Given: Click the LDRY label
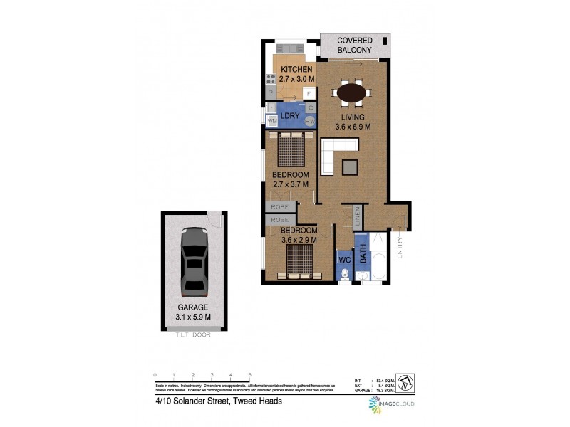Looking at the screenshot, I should coord(289,115).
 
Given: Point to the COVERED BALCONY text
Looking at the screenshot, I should coord(354,46).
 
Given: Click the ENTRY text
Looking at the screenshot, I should coord(400,246).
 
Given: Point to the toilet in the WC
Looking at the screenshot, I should coord(344,275).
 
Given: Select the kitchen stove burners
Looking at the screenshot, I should coord(271,80).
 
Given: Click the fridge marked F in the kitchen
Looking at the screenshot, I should coord(309,93).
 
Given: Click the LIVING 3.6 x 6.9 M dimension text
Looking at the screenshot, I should coord(353,122).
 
